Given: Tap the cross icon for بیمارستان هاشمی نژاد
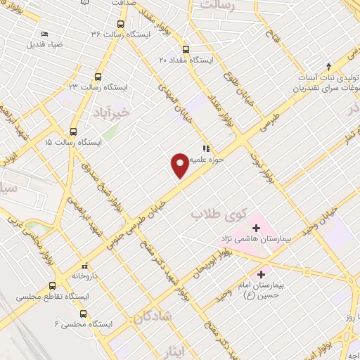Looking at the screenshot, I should (255, 227).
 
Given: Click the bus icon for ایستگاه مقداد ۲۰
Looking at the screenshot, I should (186, 50).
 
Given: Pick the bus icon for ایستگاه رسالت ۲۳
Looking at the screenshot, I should (98, 77).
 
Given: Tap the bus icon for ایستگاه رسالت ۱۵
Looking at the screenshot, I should (74, 131).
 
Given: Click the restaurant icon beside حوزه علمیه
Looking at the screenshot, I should (206, 148).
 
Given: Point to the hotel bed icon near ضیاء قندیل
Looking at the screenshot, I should (45, 34).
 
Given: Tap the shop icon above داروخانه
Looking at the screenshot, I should (84, 266).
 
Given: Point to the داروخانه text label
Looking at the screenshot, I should (84, 277).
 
